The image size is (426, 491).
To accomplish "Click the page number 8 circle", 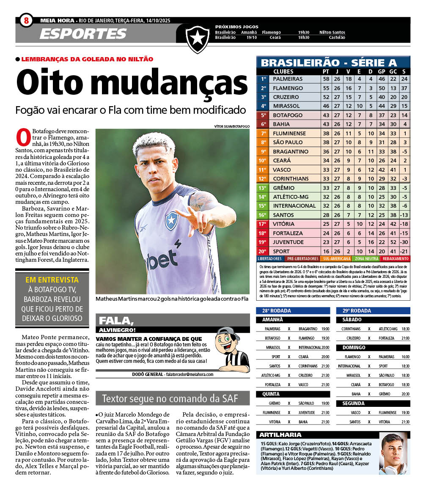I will (26, 20).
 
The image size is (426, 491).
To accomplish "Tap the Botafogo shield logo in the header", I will (198, 38).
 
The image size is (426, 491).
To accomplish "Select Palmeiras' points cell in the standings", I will (326, 79).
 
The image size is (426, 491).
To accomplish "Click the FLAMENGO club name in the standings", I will (288, 88).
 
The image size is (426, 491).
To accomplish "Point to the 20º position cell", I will (263, 251).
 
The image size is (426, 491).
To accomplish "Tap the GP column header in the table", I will (381, 71).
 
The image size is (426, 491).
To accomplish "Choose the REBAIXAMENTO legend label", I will (395, 258).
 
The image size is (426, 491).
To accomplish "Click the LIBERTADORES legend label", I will (269, 258).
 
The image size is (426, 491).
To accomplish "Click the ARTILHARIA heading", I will (275, 435).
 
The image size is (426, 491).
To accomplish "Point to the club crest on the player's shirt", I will (171, 221).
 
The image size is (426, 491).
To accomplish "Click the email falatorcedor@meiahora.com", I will (189, 374).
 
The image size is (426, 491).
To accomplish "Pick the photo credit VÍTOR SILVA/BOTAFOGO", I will (232, 126).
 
